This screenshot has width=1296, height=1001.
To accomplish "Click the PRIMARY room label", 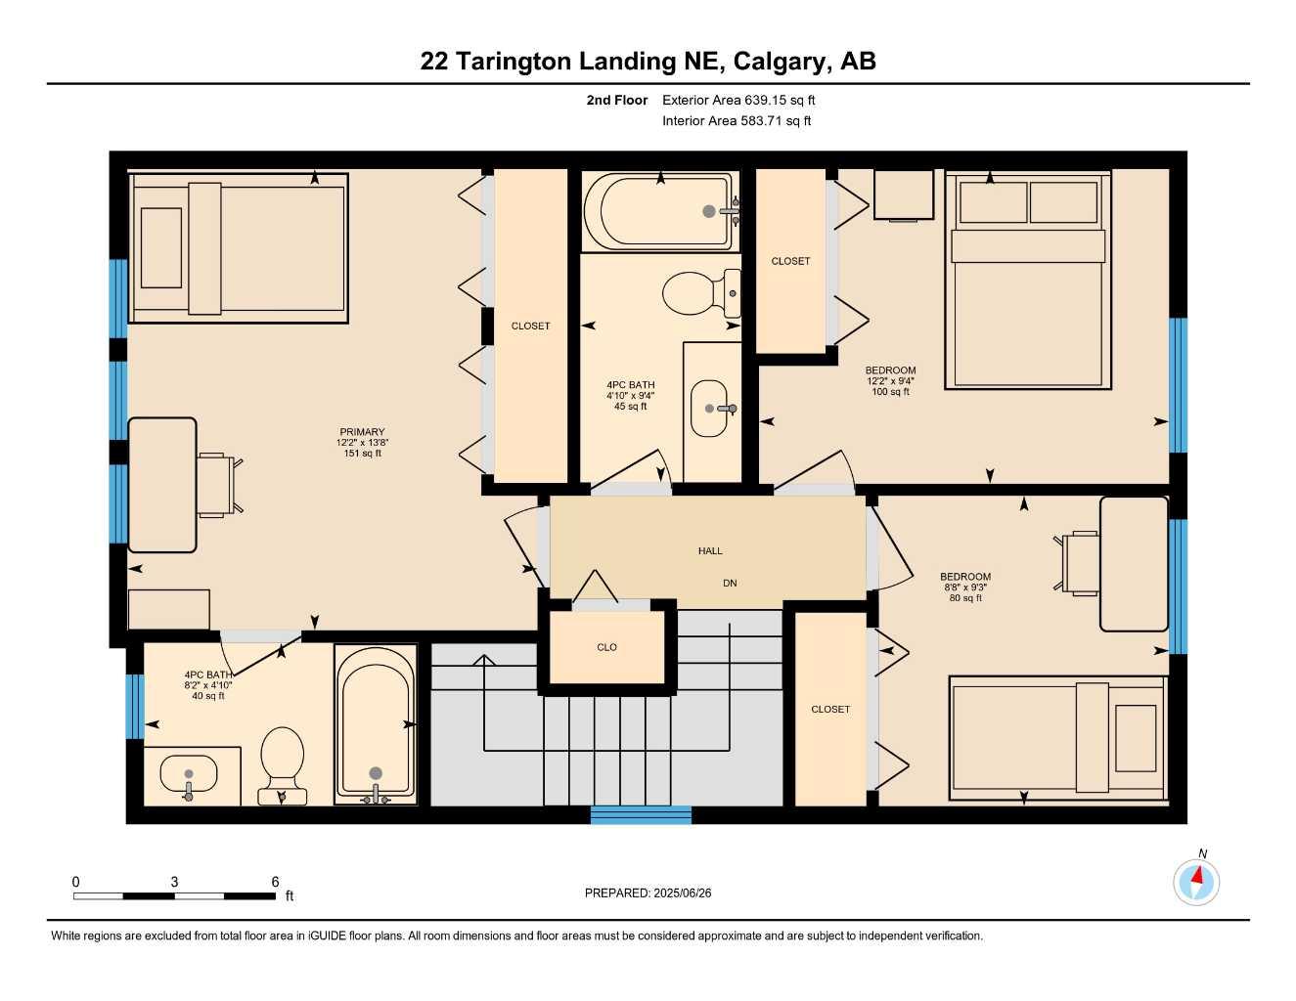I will pyautogui.click(x=362, y=431).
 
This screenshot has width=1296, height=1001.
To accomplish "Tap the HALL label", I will pyautogui.click(x=710, y=551).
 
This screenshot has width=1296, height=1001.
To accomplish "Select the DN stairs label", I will pyautogui.click(x=730, y=583).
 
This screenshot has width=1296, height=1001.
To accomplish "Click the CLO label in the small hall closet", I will pyautogui.click(x=606, y=647).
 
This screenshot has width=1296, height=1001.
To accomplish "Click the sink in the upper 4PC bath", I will pyautogui.click(x=711, y=408).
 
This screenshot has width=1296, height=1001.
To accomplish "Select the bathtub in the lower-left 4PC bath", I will pyautogui.click(x=376, y=723).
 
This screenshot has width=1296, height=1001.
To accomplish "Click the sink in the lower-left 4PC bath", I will pyautogui.click(x=187, y=777).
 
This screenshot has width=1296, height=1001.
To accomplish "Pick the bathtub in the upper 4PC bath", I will pyautogui.click(x=658, y=211).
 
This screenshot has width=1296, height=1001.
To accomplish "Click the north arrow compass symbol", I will pyautogui.click(x=1196, y=882).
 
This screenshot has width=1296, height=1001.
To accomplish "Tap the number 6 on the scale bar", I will pyautogui.click(x=275, y=882).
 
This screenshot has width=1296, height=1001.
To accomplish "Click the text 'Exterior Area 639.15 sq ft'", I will pyautogui.click(x=738, y=100).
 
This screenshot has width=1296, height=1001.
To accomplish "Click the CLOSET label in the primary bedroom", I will pyautogui.click(x=531, y=326).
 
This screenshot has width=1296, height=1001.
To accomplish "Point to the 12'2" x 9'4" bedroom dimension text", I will pyautogui.click(x=890, y=381).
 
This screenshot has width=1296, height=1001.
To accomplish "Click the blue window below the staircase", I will pyautogui.click(x=641, y=815).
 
